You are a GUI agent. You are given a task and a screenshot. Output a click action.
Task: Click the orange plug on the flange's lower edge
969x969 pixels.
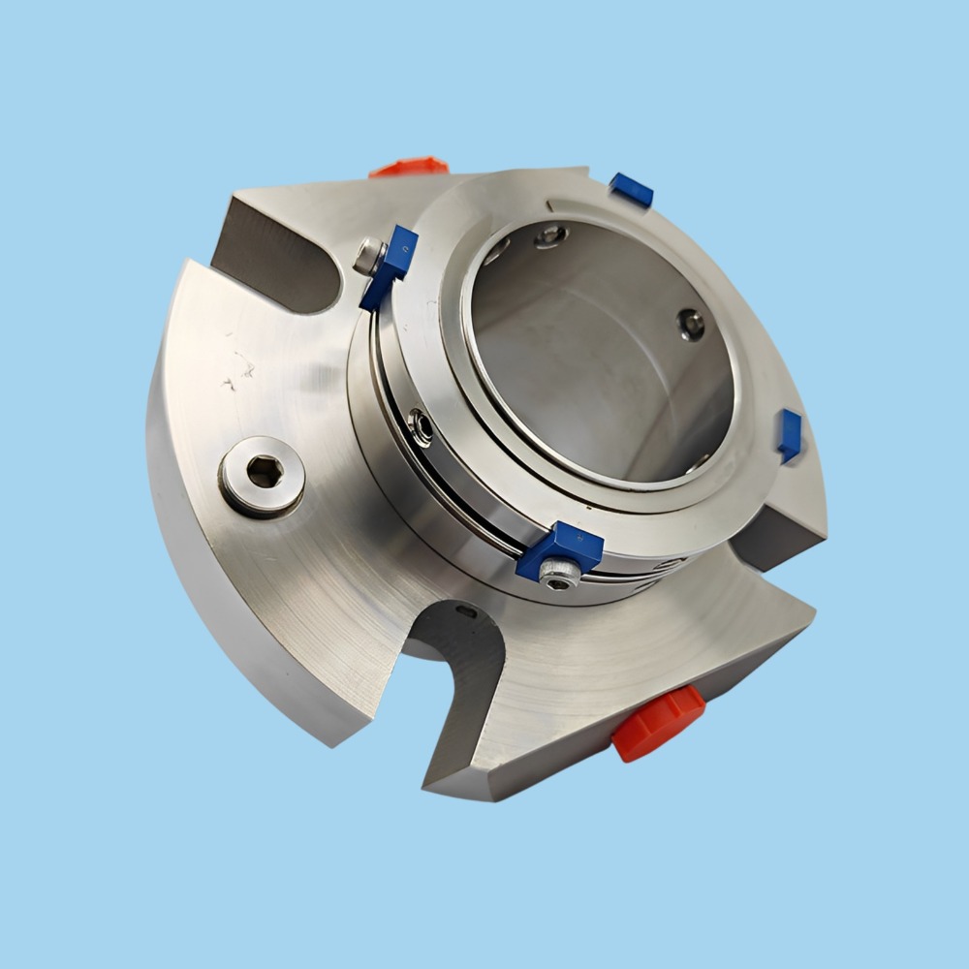coord(657,721)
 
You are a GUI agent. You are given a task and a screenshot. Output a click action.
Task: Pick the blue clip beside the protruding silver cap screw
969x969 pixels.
coord(391,267)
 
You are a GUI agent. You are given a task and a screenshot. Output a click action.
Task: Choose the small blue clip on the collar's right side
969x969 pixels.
coord(790,435)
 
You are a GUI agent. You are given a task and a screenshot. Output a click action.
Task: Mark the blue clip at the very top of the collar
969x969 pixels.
coord(631,190)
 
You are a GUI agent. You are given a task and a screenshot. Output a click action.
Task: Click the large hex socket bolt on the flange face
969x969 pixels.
coord(262,474)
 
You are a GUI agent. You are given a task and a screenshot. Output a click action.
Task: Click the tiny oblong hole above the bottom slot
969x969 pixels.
coord(467,610)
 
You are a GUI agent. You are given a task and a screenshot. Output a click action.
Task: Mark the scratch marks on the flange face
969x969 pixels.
coord(236,368)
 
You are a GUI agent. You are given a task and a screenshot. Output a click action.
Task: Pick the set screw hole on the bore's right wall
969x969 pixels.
coord(691,325)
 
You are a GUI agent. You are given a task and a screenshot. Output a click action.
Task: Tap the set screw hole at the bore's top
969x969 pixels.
coord(550,234)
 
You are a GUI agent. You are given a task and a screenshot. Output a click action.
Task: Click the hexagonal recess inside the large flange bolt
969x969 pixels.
coord(263,473)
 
